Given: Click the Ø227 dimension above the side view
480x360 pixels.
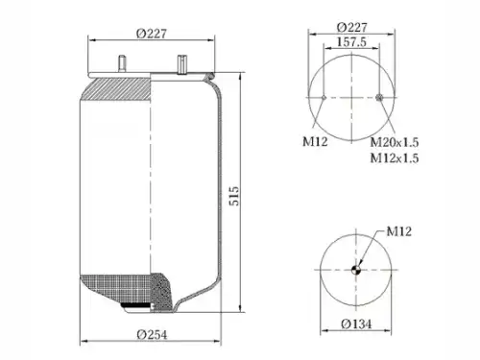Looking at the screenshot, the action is coord(152,34).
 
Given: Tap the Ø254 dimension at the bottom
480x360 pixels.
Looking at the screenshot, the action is coord(152,335).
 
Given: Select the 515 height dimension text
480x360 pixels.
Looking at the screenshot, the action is coord(234,196).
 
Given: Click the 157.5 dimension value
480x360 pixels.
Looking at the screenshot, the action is coord(351,42).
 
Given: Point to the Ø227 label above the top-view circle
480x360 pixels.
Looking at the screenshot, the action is coord(351,27).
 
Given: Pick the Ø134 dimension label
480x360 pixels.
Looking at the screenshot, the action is coord(356,324).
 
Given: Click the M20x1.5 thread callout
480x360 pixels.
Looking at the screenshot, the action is coord(395,142).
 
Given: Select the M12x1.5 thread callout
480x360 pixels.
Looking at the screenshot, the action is coord(395,157).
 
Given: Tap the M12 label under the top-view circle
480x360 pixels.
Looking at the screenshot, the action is coord(315,141).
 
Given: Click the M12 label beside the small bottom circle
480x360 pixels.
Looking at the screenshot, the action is coord(398,231).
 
